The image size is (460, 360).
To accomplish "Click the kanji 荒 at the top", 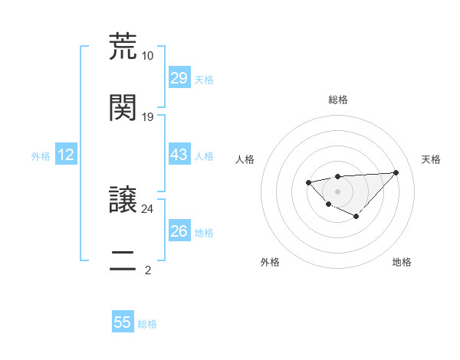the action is click(x=123, y=46).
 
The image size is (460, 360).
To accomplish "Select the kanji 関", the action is click(x=123, y=107).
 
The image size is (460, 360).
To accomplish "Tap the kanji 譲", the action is click(x=123, y=199).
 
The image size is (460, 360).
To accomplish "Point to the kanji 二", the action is click(x=123, y=260).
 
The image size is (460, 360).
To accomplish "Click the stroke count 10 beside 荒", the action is click(x=147, y=56).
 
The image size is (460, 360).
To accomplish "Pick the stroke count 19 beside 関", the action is click(x=147, y=117).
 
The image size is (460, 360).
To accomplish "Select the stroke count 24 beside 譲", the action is click(x=147, y=208).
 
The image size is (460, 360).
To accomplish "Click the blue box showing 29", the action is click(x=179, y=78).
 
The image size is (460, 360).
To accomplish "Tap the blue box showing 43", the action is click(x=179, y=155).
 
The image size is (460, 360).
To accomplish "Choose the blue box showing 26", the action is click(x=179, y=231).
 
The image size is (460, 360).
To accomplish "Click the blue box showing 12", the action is click(x=66, y=155).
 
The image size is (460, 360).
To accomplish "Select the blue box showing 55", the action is click(x=123, y=322).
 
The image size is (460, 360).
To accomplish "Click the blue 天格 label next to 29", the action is click(x=204, y=80).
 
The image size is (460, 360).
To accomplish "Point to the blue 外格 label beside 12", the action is click(x=41, y=156).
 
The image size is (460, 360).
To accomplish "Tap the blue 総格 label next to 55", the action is click(x=147, y=324).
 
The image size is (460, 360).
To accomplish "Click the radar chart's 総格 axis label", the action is click(x=338, y=100).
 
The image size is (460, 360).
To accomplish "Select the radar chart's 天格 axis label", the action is click(x=431, y=159).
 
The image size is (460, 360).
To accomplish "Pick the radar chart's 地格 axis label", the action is click(x=402, y=262).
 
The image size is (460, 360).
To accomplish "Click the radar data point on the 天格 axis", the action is click(x=396, y=172).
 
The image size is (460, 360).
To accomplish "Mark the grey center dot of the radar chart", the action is click(x=337, y=191).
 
